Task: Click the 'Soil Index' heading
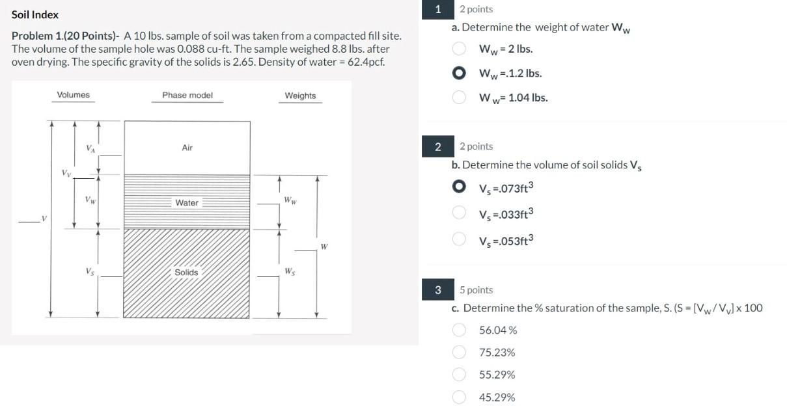[x=35, y=14]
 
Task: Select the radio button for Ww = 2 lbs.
[x=460, y=49]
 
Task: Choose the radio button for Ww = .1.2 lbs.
[x=460, y=74]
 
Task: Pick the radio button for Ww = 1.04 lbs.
[x=460, y=98]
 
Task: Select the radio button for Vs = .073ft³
[x=460, y=188]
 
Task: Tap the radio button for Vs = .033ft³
[x=460, y=213]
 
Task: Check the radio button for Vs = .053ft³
[x=460, y=240]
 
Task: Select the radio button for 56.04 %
[x=460, y=330]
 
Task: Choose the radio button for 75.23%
[x=460, y=352]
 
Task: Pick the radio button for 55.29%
[x=460, y=375]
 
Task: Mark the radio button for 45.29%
[x=460, y=397]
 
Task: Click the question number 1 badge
[x=438, y=9]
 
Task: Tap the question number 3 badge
[x=438, y=289]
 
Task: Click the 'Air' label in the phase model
[x=187, y=148]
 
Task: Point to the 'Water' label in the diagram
[x=187, y=203]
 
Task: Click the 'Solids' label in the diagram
[x=186, y=272]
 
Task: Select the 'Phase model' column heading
[x=187, y=95]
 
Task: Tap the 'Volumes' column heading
[x=74, y=95]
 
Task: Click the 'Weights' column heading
[x=300, y=96]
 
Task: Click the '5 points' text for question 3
[x=476, y=290]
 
